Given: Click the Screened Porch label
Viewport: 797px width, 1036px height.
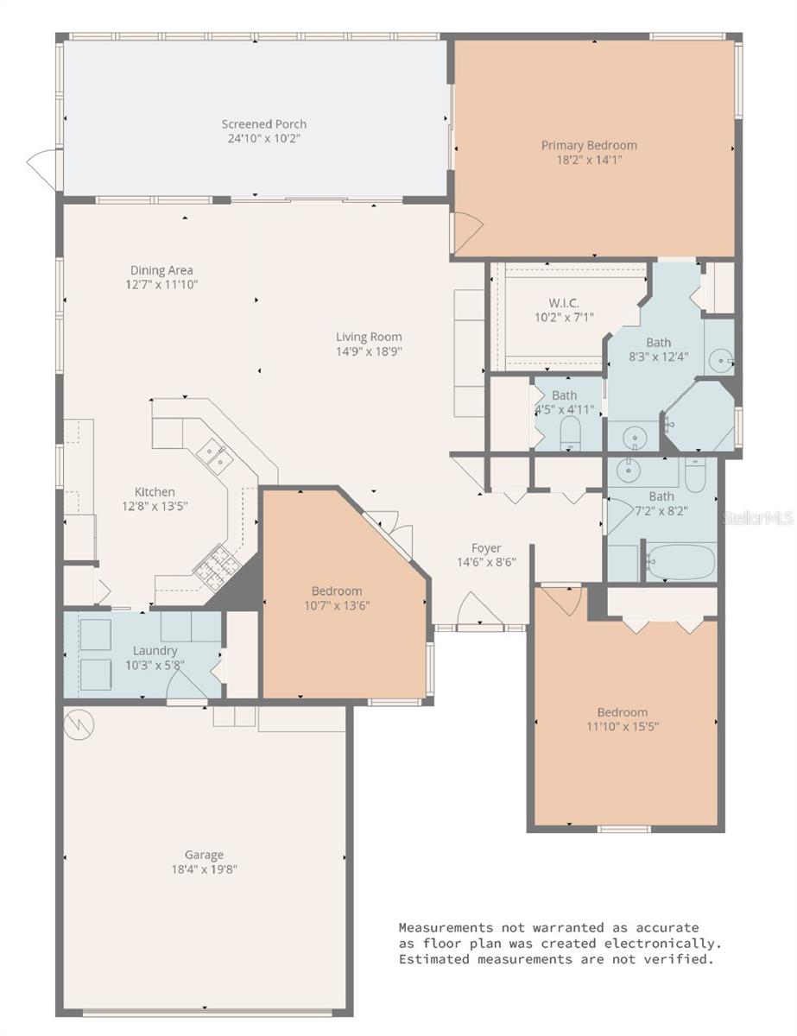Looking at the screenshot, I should coord(263,123).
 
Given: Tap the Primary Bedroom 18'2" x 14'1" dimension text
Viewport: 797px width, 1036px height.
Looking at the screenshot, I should coord(589,159).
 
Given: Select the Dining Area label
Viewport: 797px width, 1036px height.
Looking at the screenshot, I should coord(161,270).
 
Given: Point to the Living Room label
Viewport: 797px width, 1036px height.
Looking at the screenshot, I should coord(369,337).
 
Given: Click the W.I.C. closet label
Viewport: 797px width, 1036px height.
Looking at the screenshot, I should coord(563,302).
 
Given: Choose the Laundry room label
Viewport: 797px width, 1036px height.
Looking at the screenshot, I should coord(155,650).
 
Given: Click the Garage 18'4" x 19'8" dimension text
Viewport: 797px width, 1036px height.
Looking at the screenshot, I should coord(204,869).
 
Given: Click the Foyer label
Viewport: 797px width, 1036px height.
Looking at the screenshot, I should coord(486,547).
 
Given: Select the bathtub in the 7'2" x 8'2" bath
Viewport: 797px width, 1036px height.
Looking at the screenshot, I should coord(680,562).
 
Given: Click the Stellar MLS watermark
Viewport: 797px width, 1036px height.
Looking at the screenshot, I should coord(757,518).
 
